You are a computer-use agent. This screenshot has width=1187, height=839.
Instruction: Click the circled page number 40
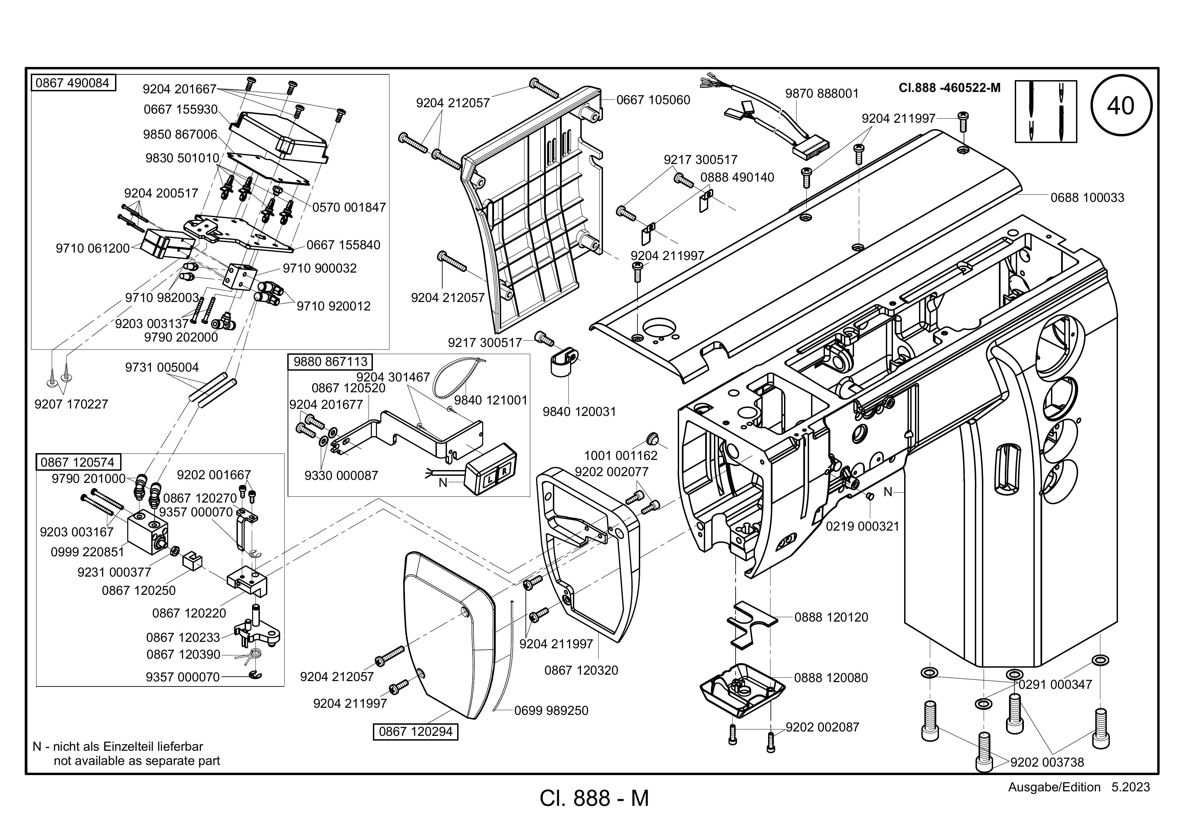coord(1121,106)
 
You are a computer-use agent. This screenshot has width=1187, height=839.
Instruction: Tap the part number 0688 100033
coord(1087,197)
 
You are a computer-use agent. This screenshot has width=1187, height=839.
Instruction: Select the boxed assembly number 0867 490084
coord(72,83)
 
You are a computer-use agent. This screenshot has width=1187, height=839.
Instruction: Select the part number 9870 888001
coord(822,94)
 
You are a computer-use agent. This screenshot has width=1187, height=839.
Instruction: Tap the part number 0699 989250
coord(551,711)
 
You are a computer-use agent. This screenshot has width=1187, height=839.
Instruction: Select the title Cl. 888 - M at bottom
coord(594,798)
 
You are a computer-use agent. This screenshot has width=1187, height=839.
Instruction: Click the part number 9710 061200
coord(92,249)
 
